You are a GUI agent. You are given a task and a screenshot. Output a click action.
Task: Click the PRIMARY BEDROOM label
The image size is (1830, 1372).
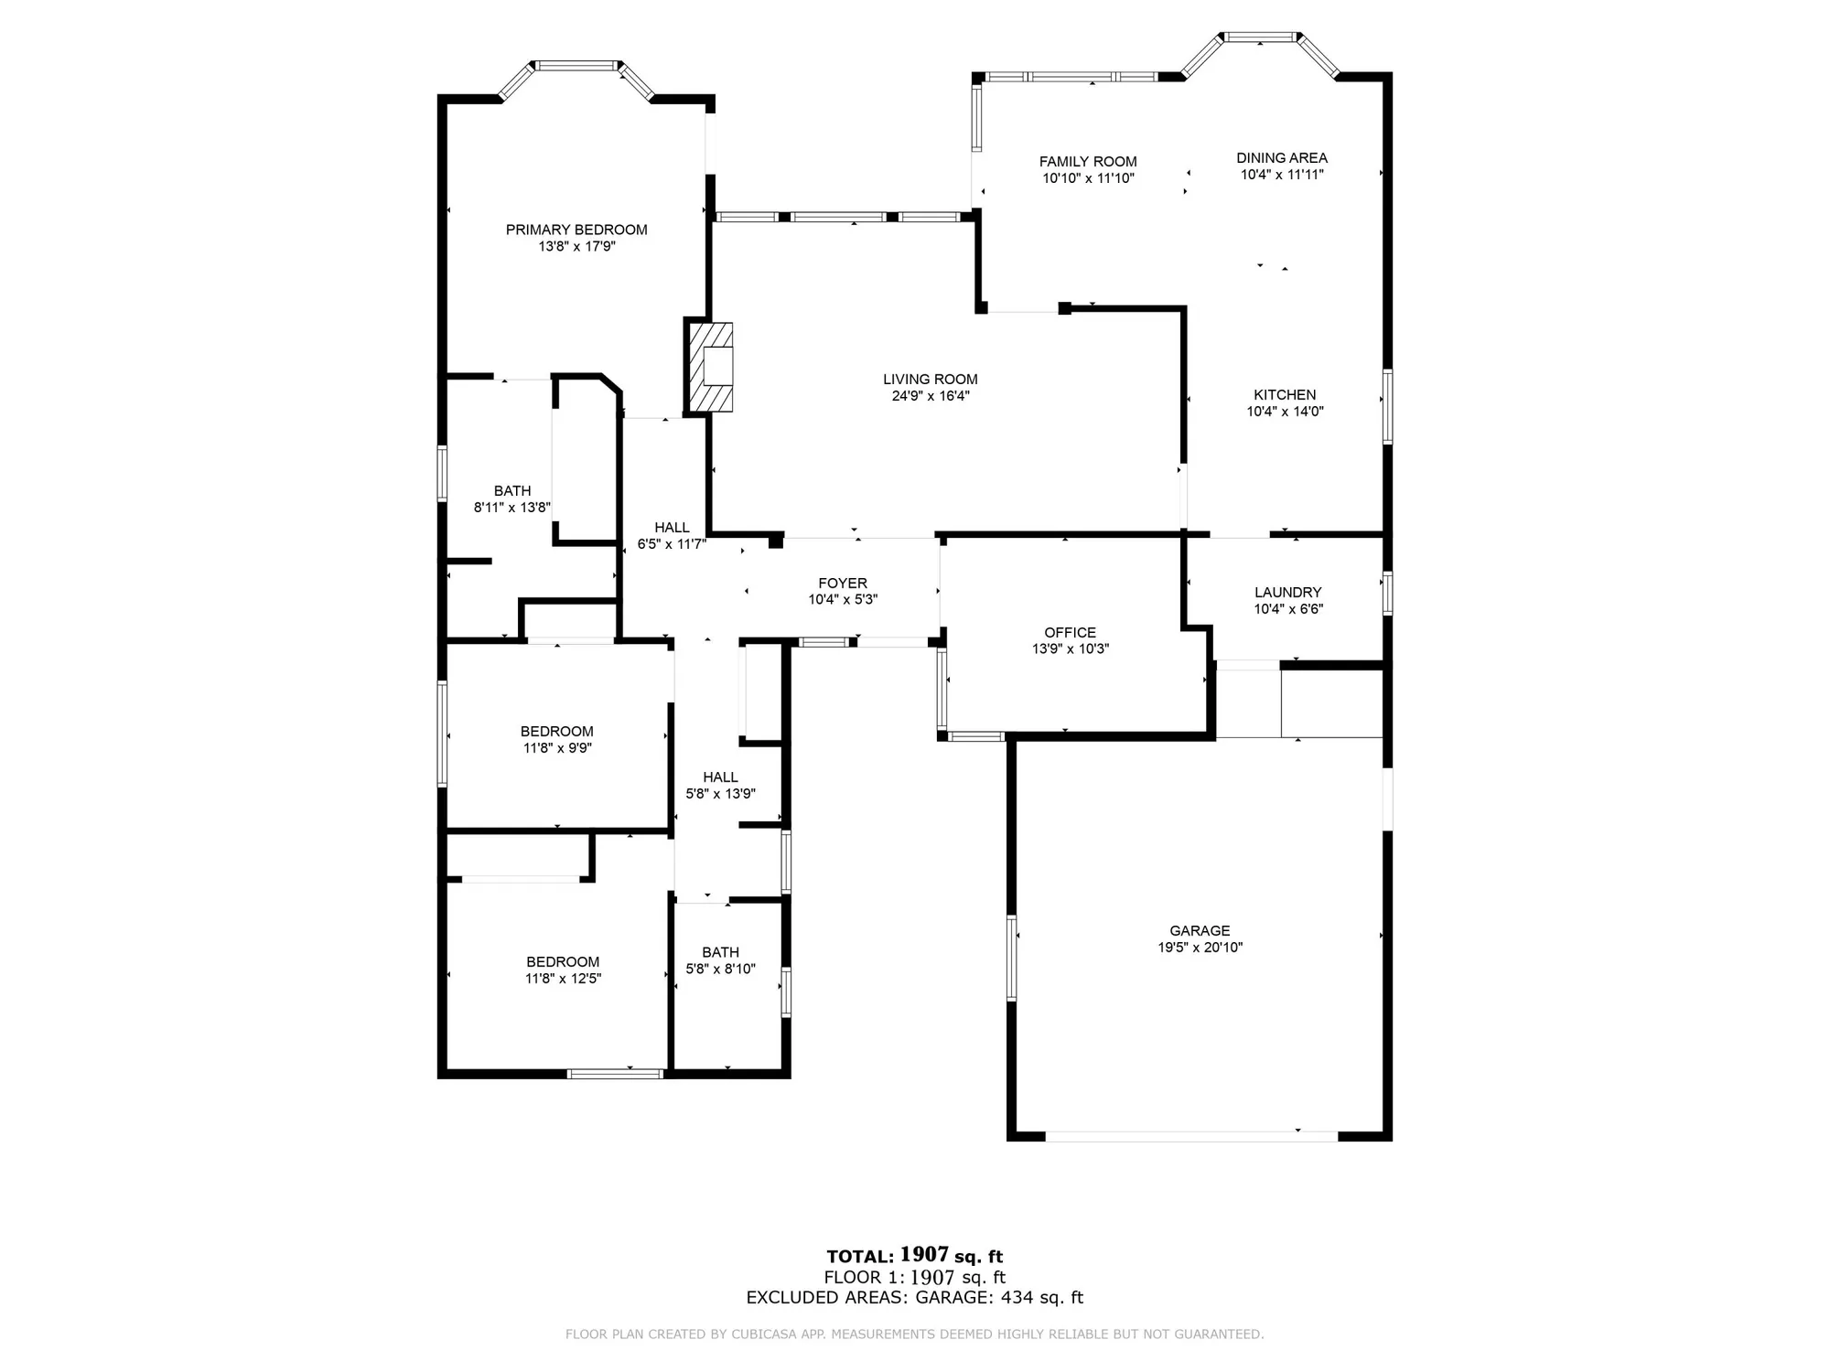pos(576,230)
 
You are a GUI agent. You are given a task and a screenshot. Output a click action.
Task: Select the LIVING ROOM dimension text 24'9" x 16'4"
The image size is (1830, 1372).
pos(931,396)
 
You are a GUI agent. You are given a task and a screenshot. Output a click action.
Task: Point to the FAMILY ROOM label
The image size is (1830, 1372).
pos(1088,162)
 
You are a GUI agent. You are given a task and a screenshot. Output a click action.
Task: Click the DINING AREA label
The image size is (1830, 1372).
pos(1282,157)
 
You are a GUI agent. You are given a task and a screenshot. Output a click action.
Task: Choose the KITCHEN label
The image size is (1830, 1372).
pos(1285,394)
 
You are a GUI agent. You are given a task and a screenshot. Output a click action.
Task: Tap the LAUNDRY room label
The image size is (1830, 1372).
pos(1287,592)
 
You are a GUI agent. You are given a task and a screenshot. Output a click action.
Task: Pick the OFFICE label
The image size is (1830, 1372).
pos(1070,632)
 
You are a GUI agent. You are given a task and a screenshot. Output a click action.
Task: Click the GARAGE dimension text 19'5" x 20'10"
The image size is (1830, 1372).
pos(1200,948)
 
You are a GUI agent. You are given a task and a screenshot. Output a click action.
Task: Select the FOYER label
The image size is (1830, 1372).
pos(843,583)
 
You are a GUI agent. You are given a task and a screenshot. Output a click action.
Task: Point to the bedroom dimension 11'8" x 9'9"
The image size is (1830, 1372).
pos(557,748)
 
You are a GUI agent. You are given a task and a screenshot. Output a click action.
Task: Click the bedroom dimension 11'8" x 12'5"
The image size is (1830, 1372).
pos(563,979)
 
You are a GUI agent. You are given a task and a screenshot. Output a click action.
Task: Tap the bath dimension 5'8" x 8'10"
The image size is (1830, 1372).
pos(720,969)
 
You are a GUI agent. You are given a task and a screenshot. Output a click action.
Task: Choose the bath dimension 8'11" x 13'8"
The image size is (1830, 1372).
pos(511,508)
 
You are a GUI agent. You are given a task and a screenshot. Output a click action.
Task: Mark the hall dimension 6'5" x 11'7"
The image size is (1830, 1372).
pos(672,544)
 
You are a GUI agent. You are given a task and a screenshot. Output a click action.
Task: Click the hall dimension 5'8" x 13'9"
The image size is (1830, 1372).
pos(720,794)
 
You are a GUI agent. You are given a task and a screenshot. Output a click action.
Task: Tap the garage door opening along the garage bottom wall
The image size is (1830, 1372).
pos(1191,1136)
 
